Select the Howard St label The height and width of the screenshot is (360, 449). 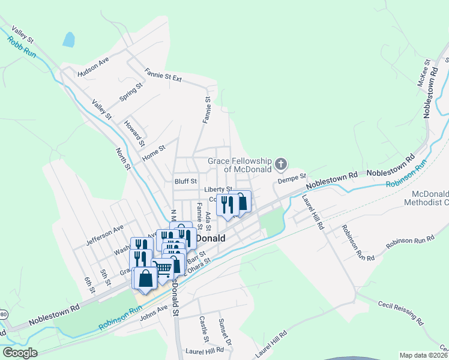coord(134,133)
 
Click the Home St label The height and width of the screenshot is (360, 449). coord(153,153)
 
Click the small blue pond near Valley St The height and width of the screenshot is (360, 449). coord(68,40)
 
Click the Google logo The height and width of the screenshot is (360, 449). coord(20,352)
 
